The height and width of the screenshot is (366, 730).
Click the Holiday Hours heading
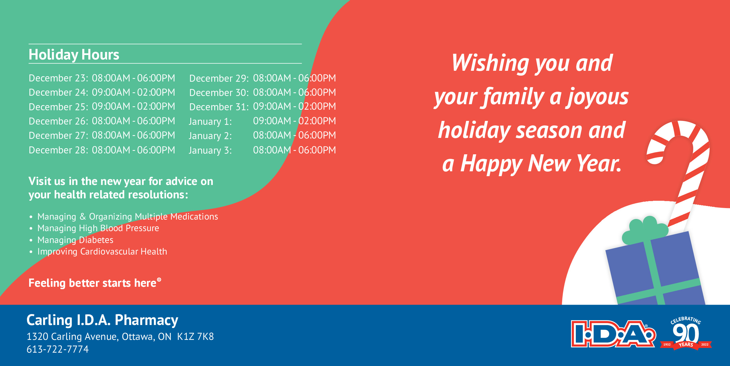[74, 55]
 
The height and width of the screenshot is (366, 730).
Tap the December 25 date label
[58, 107]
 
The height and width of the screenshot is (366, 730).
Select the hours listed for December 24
[134, 92]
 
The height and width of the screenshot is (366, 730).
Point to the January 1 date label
[210, 121]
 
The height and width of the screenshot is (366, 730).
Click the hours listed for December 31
[294, 106]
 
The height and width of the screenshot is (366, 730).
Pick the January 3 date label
[210, 150]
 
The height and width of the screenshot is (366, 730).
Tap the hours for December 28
[134, 150]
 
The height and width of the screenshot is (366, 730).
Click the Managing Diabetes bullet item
[75, 240]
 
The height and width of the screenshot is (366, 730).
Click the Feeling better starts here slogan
[95, 283]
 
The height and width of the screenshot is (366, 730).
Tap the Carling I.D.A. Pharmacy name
[102, 320]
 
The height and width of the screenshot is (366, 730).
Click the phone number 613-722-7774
[58, 349]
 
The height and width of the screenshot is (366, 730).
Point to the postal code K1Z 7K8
[195, 337]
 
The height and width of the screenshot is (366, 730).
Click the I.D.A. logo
[613, 334]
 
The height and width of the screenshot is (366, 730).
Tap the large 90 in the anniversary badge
[686, 334]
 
